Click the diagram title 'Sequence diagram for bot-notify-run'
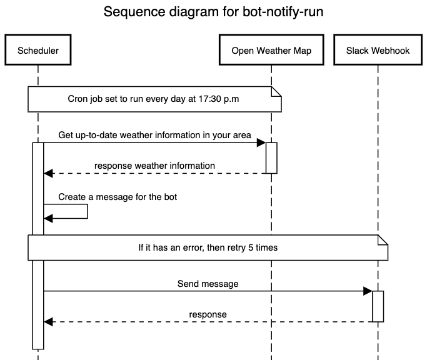(x=213, y=12)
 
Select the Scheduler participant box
(x=38, y=51)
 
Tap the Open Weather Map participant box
(x=271, y=51)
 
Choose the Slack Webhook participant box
(x=378, y=51)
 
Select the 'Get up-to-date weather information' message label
(x=154, y=135)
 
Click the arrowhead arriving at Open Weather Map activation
(x=262, y=143)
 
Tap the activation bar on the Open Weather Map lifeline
(x=271, y=157)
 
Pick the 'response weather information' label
(x=154, y=166)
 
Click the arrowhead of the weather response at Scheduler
(x=48, y=173)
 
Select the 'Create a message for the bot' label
(x=118, y=197)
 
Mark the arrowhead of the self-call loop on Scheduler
(x=48, y=218)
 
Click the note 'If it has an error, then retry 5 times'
(x=208, y=247)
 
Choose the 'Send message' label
(x=208, y=284)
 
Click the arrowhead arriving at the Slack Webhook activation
(x=368, y=291)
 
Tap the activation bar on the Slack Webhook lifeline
(x=378, y=306)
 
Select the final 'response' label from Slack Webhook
(x=208, y=314)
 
